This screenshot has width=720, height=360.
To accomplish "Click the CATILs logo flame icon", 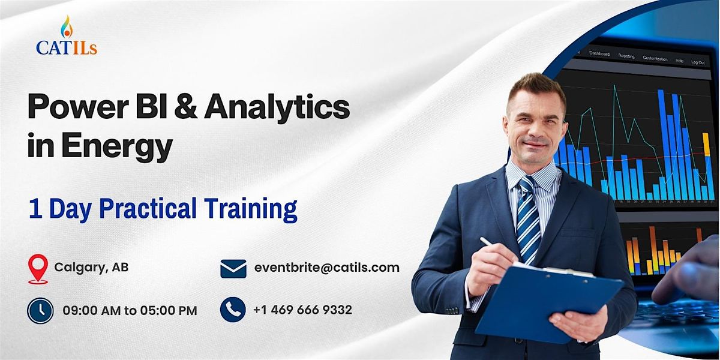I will tap(66, 26).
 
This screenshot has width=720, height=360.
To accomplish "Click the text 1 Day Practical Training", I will tap(163, 209).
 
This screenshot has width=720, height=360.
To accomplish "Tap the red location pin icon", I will tap(38, 268).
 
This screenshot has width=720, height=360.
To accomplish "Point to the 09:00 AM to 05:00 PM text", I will tap(130, 310).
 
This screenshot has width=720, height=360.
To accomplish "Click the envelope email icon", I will tap(233, 268).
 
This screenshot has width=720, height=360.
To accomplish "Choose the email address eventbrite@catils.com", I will tap(326, 268).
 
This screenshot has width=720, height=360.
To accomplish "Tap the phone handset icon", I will tap(233, 310).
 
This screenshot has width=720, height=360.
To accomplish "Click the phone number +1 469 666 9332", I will tap(302, 310).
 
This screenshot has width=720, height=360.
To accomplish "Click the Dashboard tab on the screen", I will tap(599, 54).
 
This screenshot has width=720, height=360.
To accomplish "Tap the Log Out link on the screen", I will tap(698, 62).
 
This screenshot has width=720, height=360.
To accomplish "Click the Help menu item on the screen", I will tap(679, 61).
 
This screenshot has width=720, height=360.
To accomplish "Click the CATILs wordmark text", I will tap(66, 48).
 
